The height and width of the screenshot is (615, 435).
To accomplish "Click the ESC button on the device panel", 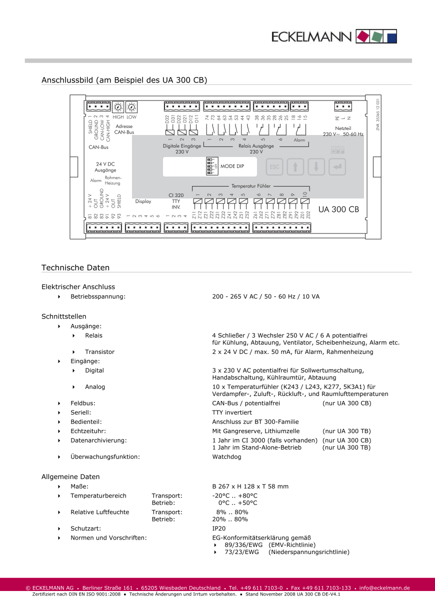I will (274, 167).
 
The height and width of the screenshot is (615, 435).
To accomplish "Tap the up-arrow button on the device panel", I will (295, 167).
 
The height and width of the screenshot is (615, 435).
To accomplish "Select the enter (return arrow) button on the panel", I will (337, 167).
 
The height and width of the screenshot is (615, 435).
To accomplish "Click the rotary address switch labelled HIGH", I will (118, 107).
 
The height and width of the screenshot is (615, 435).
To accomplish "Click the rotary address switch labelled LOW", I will (131, 107).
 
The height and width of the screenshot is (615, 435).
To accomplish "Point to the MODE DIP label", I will (232, 166).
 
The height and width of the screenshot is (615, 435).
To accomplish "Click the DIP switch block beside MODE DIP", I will (210, 166).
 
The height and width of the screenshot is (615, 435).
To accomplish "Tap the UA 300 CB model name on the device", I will (338, 209).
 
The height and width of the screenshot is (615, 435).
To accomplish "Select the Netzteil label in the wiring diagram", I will (343, 128).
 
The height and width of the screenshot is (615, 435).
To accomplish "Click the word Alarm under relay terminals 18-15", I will (299, 140).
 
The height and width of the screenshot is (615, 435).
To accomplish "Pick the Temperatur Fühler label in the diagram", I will (250, 186).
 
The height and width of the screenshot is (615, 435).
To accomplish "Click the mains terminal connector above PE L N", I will (343, 106).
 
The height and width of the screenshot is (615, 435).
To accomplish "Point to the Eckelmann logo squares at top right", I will (376, 36).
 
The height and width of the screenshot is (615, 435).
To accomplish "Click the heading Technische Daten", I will (75, 268).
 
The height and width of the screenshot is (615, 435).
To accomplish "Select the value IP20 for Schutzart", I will (219, 528).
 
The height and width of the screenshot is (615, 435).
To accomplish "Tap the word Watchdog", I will (226, 457).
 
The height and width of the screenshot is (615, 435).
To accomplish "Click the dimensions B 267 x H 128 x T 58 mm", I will (250, 486).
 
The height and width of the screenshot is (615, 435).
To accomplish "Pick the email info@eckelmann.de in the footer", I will (384, 588).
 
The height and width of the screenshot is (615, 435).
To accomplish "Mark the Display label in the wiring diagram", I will (143, 201).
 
